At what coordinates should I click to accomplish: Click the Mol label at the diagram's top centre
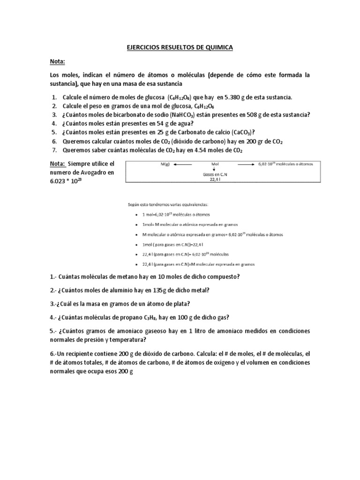click(x=216, y=165)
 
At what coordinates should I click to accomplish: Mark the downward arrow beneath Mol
click(x=215, y=169)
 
